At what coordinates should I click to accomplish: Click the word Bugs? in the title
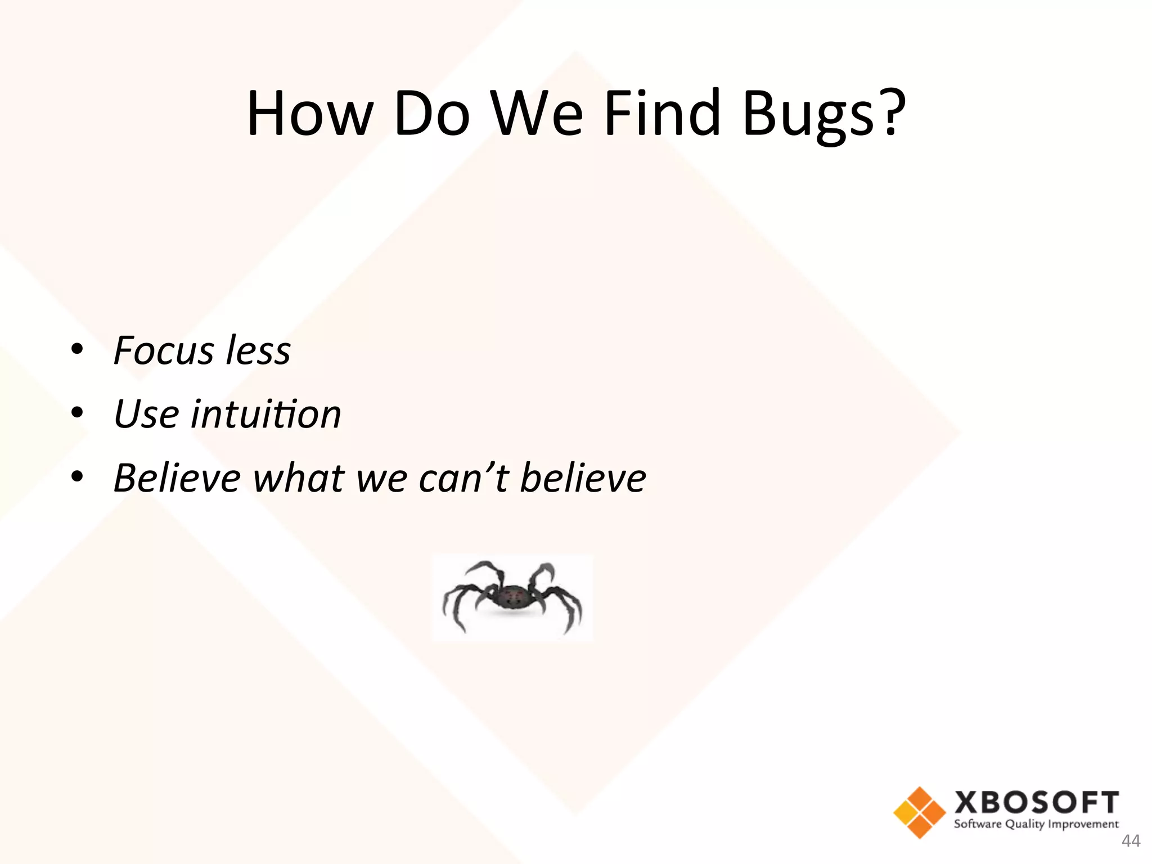[x=824, y=114]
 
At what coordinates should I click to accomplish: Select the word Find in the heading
[x=662, y=114]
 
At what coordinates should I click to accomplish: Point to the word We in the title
[x=537, y=114]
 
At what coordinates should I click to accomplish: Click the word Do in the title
[x=431, y=114]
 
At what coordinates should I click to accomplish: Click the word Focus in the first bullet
[x=163, y=350]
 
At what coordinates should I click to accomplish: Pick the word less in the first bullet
[x=258, y=350]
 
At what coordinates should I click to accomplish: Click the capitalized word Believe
[x=177, y=478]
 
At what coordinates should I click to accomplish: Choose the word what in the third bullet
[x=299, y=478]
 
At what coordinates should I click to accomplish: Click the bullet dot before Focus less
[x=78, y=349]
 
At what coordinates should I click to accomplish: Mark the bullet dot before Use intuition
[x=78, y=413]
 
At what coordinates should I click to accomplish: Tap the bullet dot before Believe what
[x=78, y=477]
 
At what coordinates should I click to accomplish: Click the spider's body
[x=512, y=597]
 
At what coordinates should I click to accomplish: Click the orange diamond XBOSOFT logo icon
[x=919, y=812]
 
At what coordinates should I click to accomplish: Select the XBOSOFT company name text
[x=1036, y=803]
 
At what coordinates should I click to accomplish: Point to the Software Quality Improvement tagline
[x=1036, y=825]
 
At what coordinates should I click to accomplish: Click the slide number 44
[x=1131, y=841]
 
